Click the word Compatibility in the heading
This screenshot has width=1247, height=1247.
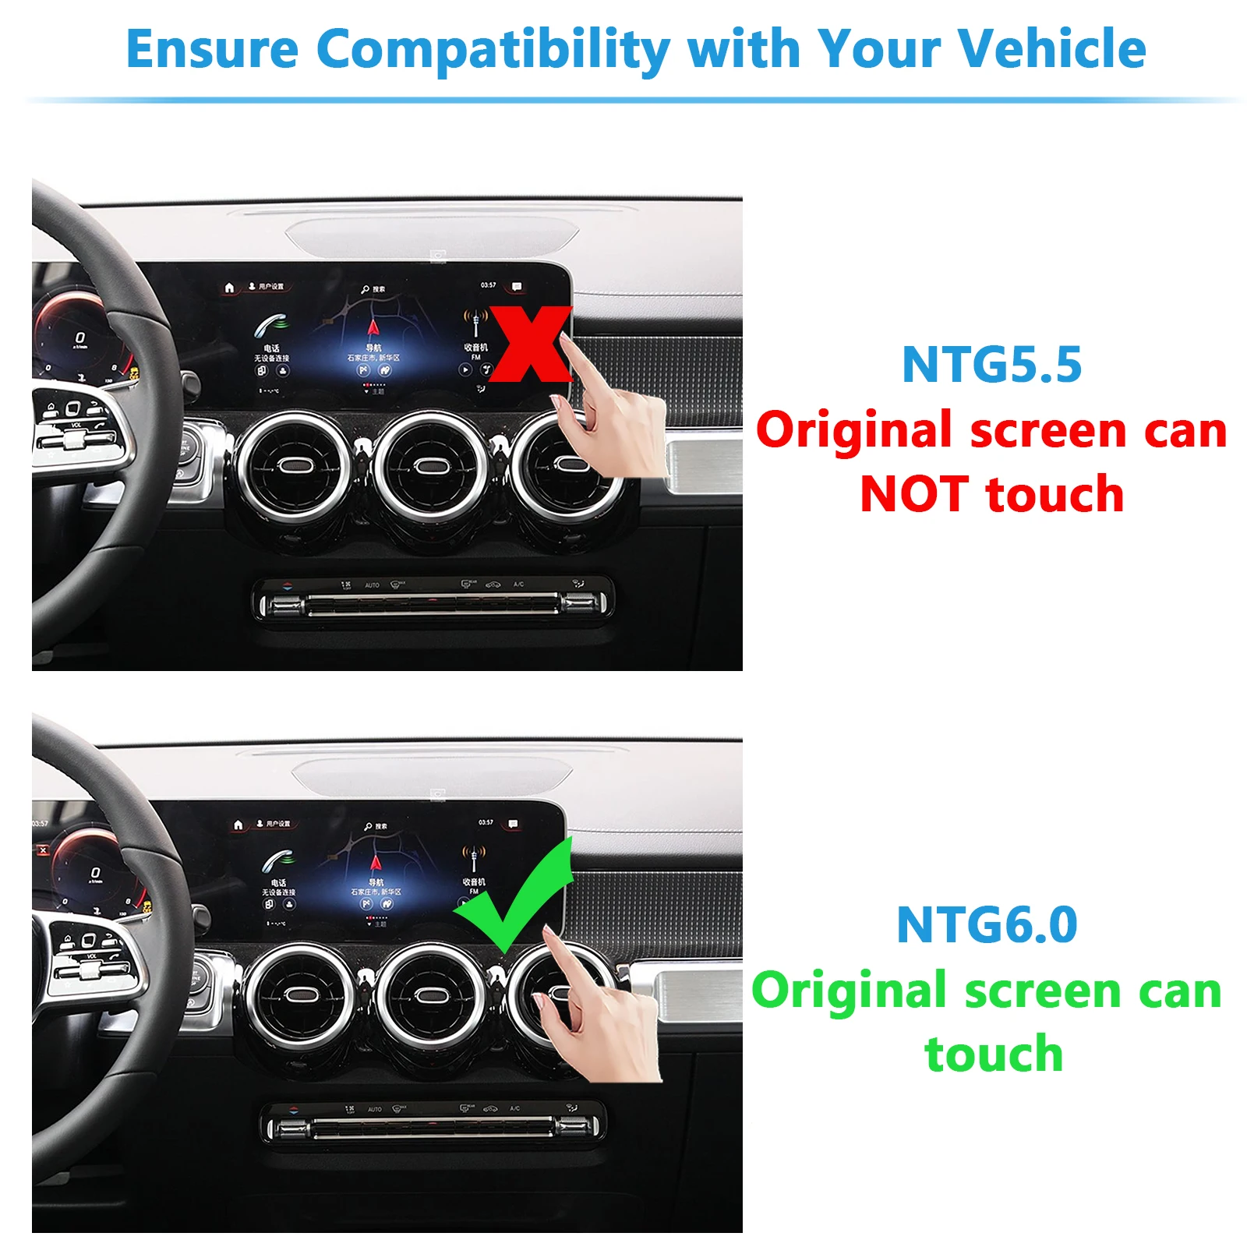[493, 50]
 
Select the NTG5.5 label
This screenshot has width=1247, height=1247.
[991, 364]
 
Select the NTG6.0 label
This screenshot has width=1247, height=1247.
[987, 924]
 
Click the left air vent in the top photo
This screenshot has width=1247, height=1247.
[294, 466]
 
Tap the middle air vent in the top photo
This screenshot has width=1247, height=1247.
[429, 466]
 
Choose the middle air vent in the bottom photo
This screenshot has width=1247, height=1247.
[428, 995]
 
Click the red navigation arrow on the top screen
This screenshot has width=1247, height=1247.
[373, 327]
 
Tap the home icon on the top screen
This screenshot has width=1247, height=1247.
[229, 288]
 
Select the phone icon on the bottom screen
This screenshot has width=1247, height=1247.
[277, 861]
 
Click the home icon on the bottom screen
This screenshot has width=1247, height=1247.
[238, 825]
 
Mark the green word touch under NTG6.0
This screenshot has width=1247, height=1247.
[993, 1054]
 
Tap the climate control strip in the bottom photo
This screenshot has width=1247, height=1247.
[433, 1126]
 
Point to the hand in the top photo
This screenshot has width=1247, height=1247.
[616, 421]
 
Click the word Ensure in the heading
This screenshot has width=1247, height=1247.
[212, 50]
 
